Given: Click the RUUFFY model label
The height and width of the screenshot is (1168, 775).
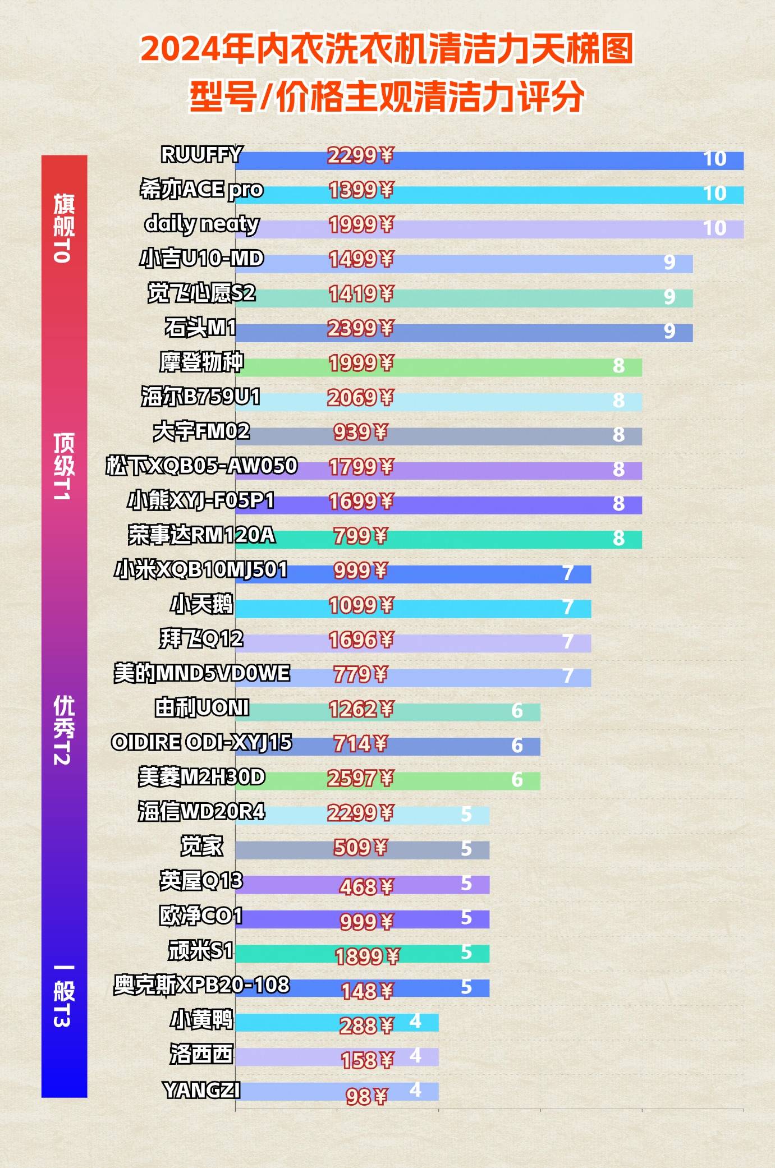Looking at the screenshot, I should click(x=201, y=155).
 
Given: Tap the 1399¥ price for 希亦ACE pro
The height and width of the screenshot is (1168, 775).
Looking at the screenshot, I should click(x=361, y=190).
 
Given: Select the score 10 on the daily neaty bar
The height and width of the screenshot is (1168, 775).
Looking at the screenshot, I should click(x=714, y=228).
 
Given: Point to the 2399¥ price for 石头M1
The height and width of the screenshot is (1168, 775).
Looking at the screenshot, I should click(x=361, y=329).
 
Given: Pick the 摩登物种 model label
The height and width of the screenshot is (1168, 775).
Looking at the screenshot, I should click(x=201, y=362).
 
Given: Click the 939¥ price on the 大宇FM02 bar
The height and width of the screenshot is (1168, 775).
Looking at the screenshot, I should click(x=360, y=432).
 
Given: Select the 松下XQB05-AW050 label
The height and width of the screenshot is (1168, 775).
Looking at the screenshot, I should click(x=201, y=466).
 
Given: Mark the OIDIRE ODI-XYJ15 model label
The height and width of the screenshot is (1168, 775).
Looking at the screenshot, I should click(x=201, y=743).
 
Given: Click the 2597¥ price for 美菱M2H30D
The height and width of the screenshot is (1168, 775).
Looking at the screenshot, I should click(x=361, y=778).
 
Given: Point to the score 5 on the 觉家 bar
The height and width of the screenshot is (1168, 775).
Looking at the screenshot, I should click(x=466, y=849).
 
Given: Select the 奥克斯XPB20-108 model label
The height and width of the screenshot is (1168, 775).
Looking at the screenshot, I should click(x=201, y=985).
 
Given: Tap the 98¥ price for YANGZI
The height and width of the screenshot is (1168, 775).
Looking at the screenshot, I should click(x=366, y=1096).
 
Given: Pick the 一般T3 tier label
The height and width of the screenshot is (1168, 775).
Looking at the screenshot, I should click(x=63, y=996).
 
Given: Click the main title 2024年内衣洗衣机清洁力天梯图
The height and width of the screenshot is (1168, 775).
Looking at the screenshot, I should click(x=387, y=49).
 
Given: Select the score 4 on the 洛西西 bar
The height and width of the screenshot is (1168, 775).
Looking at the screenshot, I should click(x=415, y=1056).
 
